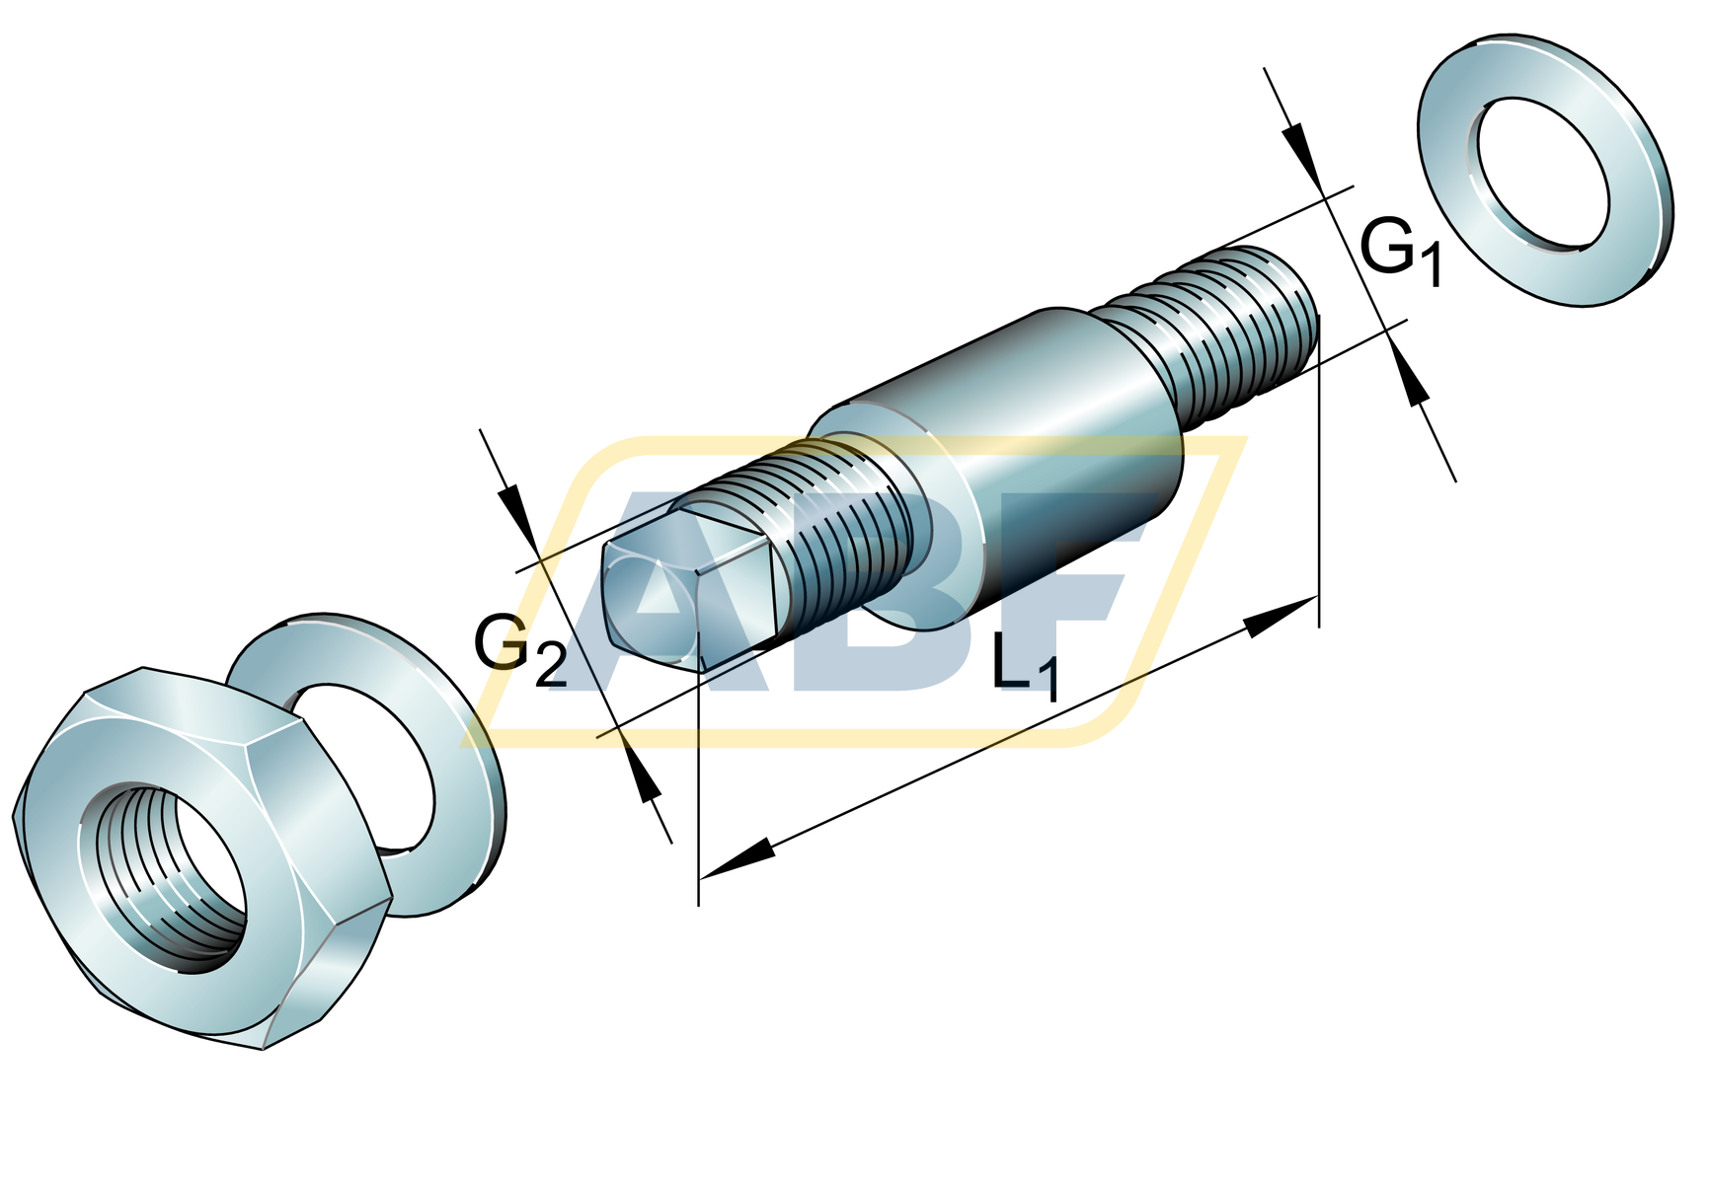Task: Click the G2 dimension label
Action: tap(520, 648)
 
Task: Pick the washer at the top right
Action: tap(1545, 170)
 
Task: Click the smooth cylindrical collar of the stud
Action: tap(997, 464)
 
